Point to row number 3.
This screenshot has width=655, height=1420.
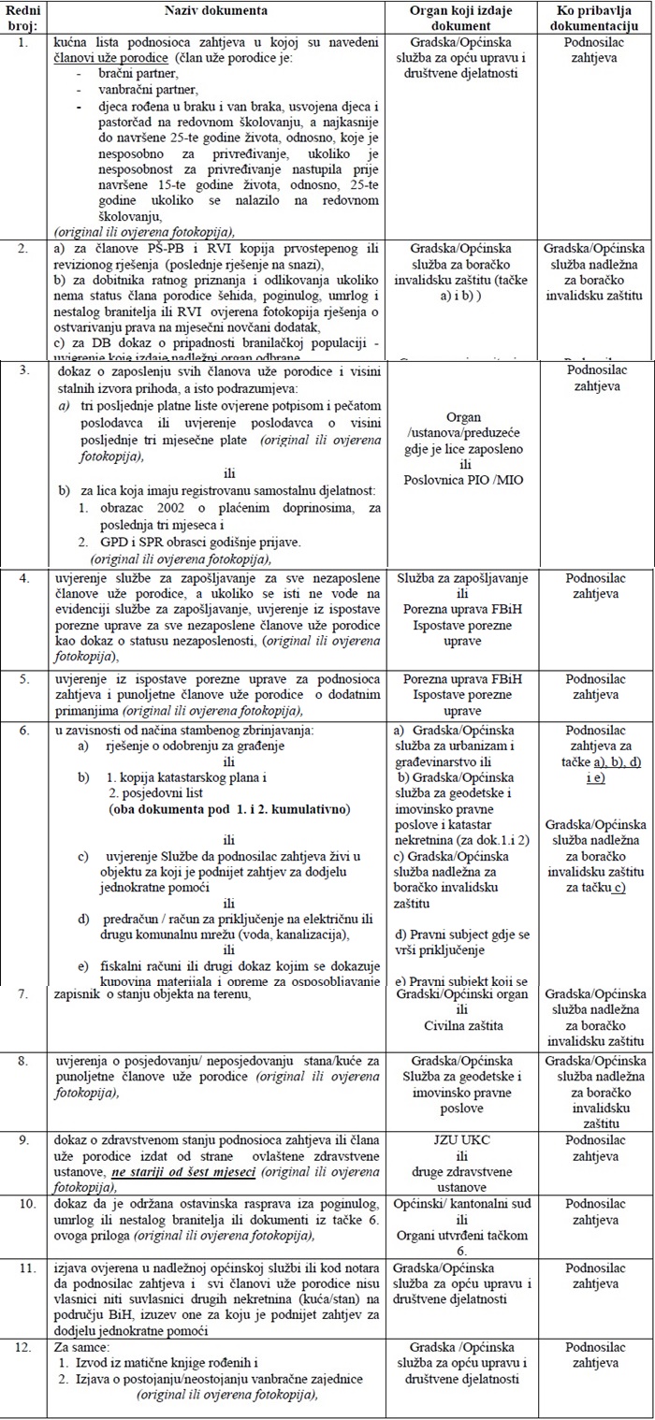tap(23, 371)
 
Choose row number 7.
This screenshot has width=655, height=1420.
tap(23, 993)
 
